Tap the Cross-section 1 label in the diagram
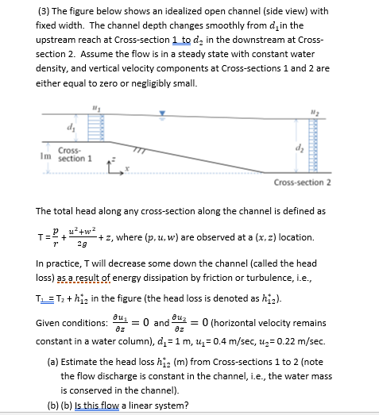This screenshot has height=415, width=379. click(74, 154)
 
